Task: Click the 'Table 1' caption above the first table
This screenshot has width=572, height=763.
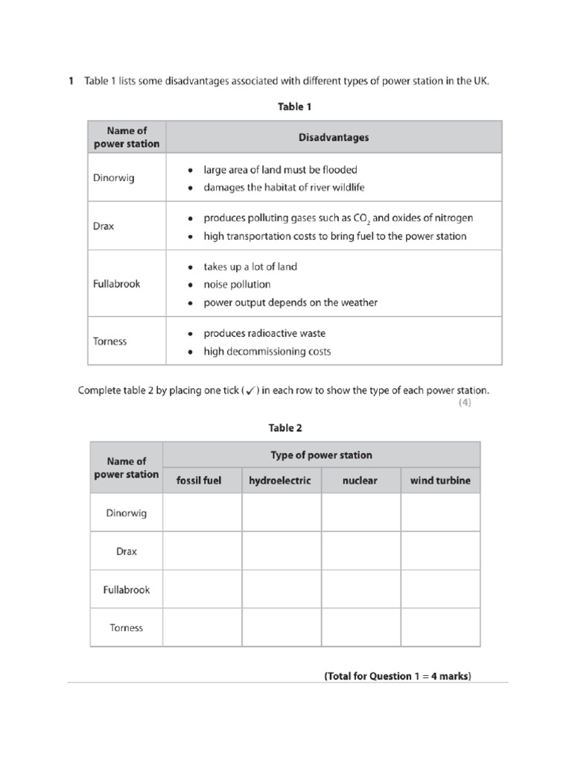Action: click(x=294, y=107)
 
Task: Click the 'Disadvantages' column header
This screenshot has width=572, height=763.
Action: click(x=333, y=137)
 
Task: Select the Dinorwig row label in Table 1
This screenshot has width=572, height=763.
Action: click(x=114, y=178)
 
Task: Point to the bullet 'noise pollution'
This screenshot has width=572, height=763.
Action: click(x=237, y=285)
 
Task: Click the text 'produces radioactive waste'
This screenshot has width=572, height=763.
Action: click(x=264, y=333)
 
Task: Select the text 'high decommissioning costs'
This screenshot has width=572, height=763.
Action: click(x=267, y=351)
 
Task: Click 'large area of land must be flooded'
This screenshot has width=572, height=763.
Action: click(x=280, y=169)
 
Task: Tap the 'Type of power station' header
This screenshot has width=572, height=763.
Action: click(x=321, y=455)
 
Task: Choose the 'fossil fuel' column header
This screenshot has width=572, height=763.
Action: click(x=199, y=481)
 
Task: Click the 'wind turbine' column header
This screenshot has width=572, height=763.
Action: click(x=440, y=481)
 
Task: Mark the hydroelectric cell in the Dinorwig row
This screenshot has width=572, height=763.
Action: click(x=282, y=513)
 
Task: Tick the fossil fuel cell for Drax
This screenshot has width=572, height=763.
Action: click(x=202, y=551)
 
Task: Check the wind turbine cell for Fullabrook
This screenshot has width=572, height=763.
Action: click(x=440, y=589)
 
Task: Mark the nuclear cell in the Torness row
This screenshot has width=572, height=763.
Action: click(x=360, y=627)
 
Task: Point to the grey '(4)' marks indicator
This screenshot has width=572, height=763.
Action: click(x=464, y=403)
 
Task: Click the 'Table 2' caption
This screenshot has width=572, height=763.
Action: click(x=285, y=428)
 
